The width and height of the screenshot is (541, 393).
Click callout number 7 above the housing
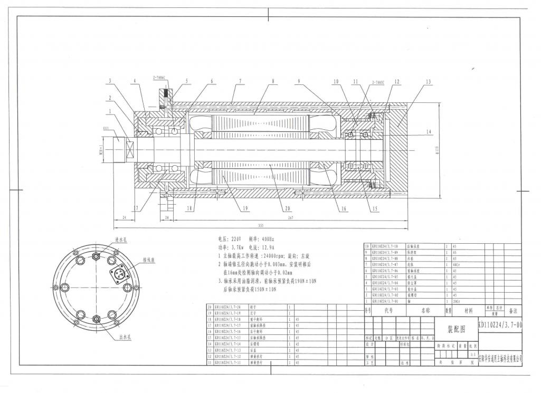click(240, 81)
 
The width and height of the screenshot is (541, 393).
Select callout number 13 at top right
click(428, 82)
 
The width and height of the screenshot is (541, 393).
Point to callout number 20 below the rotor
click(288, 208)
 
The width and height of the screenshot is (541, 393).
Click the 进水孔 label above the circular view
click(121, 240)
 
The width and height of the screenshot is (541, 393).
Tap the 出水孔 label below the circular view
click(125, 338)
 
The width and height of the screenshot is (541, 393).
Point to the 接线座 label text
click(150, 260)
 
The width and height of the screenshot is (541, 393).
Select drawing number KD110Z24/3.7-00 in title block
click(500, 327)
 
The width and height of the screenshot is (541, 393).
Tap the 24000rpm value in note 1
click(277, 255)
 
